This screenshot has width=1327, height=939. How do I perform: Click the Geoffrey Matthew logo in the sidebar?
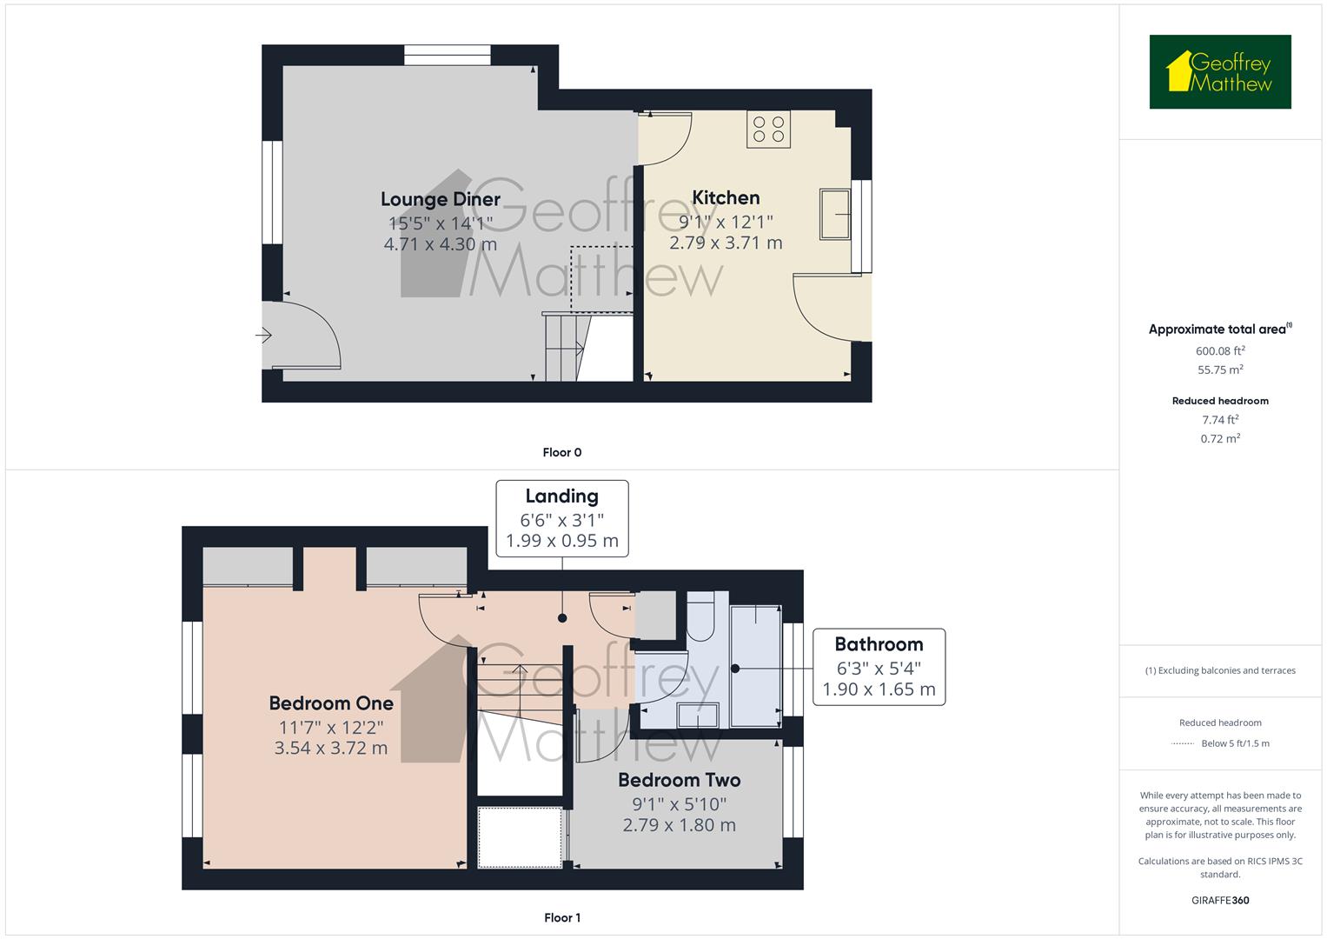(1219, 71)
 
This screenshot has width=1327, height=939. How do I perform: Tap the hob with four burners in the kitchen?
(768, 130)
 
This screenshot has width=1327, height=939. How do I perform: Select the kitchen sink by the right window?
(834, 214)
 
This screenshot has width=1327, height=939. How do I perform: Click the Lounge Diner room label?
(440, 199)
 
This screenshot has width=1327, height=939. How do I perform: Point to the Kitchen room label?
(726, 197)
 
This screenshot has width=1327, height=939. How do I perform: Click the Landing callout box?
(561, 518)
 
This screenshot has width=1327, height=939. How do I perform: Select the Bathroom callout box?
(878, 667)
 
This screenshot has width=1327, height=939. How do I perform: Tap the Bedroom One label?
(331, 703)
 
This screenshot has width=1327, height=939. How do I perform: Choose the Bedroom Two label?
(679, 779)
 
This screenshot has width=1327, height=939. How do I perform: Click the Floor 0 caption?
(561, 452)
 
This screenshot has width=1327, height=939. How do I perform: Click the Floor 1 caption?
(561, 917)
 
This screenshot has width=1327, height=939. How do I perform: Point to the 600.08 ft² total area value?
(1219, 351)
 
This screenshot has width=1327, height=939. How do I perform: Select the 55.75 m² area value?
(1219, 370)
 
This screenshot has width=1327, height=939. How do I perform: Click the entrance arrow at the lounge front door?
(264, 336)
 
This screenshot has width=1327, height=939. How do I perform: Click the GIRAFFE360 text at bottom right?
(1219, 900)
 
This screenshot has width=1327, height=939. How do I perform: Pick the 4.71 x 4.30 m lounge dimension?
(440, 244)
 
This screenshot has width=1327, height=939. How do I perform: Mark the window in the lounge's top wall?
(448, 55)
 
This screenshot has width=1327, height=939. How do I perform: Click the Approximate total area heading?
(1219, 329)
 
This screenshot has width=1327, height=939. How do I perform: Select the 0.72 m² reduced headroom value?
(1219, 439)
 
